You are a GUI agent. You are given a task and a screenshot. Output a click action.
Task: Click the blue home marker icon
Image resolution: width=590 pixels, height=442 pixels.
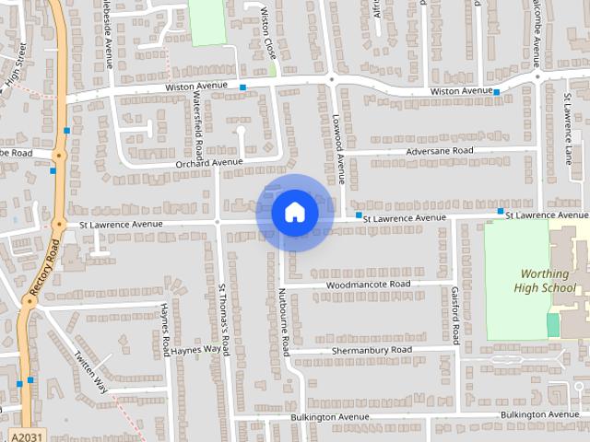pos(295,213)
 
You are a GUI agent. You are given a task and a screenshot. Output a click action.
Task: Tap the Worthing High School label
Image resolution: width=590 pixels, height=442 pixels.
pos(547,280)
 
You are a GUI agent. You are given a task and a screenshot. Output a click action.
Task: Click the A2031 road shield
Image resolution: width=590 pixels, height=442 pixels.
pos(29,434)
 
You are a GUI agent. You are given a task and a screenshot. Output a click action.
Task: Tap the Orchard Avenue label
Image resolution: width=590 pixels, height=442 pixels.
pos(208,163)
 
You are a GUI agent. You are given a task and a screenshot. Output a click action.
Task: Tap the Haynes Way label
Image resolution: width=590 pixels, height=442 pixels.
pos(195,350)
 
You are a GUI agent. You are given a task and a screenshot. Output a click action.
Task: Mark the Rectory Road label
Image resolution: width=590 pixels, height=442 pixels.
pos(43,268)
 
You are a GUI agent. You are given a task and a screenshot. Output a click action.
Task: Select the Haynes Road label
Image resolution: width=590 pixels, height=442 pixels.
pos(165,329)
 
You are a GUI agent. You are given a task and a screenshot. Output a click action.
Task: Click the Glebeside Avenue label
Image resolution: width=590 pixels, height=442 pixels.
pos(108,32)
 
